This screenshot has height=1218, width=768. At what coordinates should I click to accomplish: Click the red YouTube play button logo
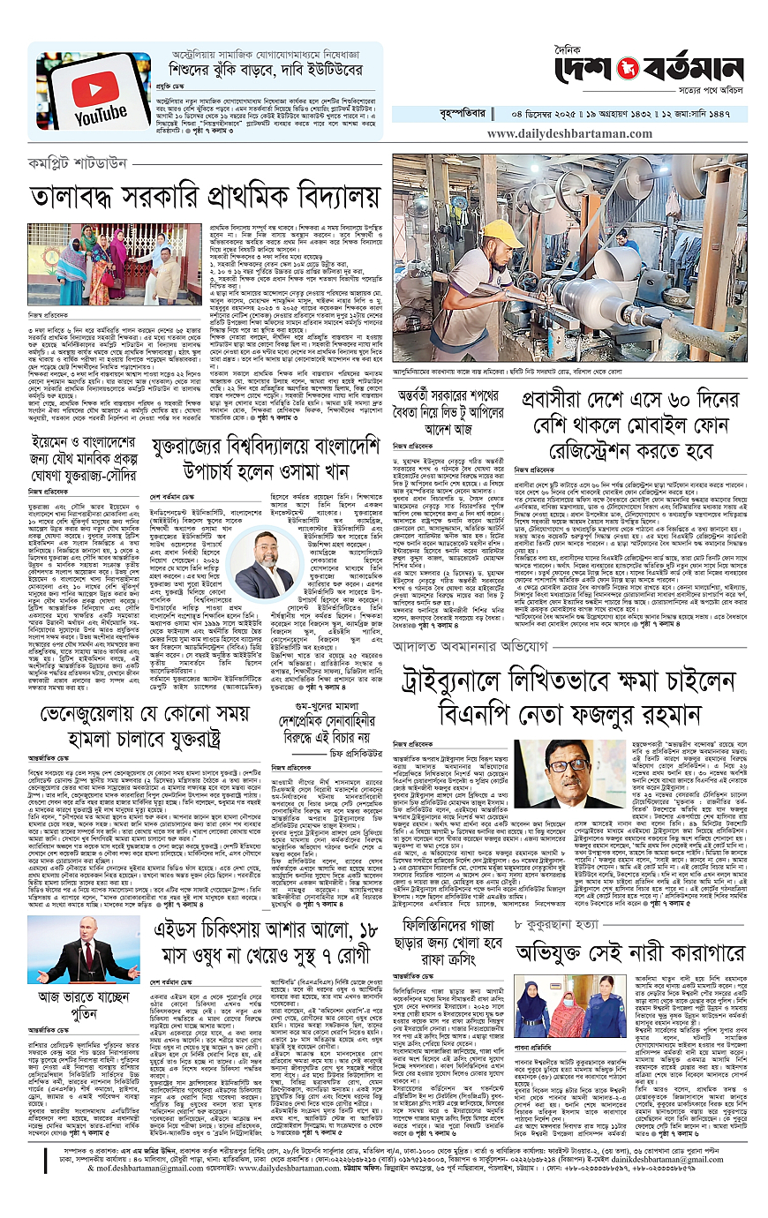pyautogui.click(x=101, y=92)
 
